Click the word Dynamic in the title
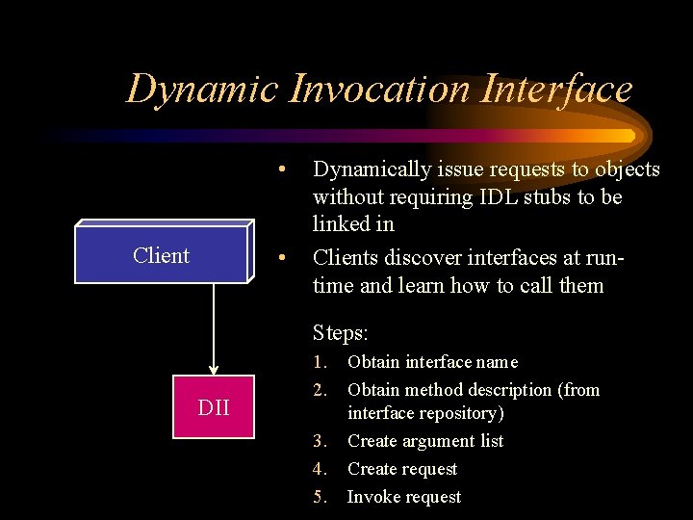pos(201,89)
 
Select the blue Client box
pos(162,255)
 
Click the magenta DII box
pos(213,407)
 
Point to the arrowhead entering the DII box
pos(214,370)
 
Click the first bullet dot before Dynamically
pos(280,170)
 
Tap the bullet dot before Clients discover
pos(280,258)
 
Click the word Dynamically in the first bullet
pos(372,169)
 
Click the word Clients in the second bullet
pos(345,257)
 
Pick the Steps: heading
pos(341,333)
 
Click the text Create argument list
pos(425,441)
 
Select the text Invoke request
pos(404,497)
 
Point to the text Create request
pos(402,469)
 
